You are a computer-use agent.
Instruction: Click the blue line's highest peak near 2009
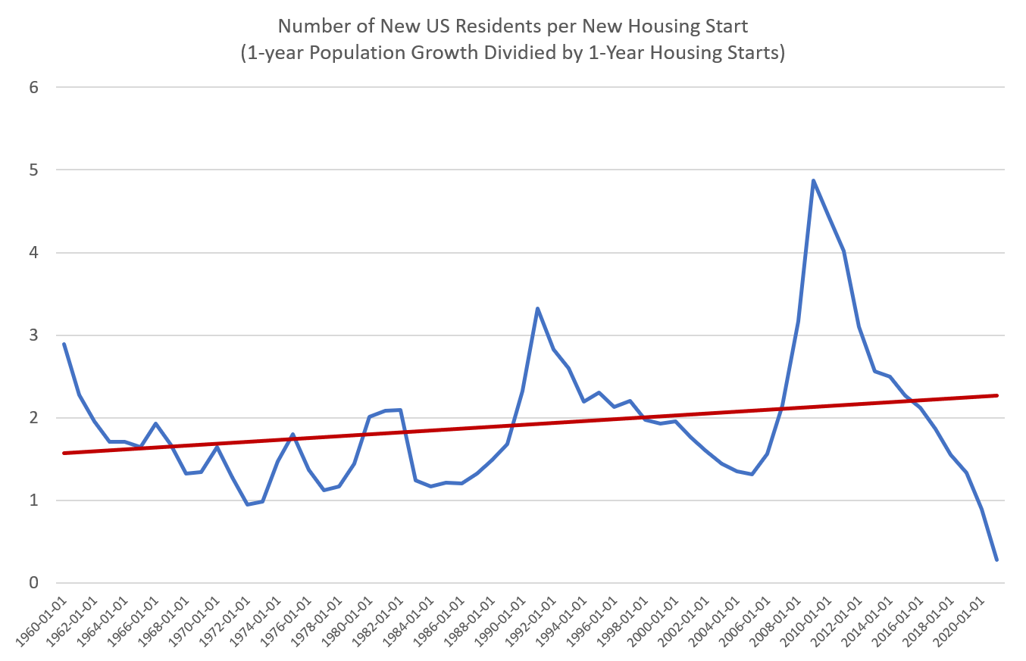pos(813,180)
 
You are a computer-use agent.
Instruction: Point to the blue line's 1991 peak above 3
pos(537,308)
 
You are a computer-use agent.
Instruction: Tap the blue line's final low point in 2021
pos(996,560)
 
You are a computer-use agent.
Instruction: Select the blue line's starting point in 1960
pos(64,343)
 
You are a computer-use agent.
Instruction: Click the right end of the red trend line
pos(997,395)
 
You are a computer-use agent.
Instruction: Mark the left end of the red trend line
pos(64,453)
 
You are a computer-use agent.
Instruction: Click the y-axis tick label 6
pos(33,87)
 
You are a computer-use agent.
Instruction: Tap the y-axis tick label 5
pos(33,170)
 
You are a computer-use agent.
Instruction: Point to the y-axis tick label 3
pos(33,335)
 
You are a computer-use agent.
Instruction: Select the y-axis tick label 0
pos(33,583)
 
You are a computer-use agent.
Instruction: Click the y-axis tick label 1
pos(33,500)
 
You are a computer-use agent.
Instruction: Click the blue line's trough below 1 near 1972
pos(248,504)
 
